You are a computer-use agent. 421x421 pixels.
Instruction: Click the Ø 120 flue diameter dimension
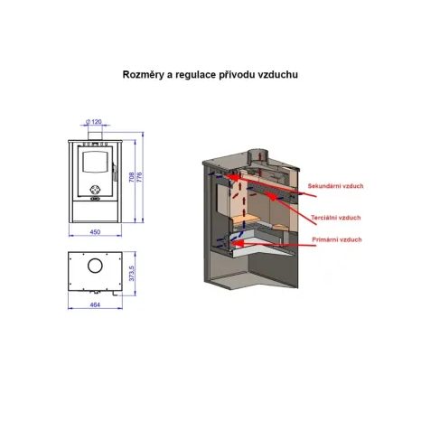click(94, 122)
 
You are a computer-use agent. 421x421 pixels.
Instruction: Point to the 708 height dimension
click(131, 177)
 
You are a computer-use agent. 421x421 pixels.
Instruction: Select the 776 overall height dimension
click(139, 177)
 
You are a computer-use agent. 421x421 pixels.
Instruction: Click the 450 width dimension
click(95, 232)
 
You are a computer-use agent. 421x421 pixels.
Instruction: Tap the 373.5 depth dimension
click(131, 274)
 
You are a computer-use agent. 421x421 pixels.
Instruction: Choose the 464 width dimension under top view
click(95, 304)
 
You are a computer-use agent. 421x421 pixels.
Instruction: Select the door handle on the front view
click(114, 172)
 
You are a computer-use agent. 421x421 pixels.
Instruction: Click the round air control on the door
click(95, 190)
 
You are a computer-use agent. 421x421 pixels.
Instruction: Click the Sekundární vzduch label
click(335, 186)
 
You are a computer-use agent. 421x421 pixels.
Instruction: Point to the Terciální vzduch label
click(336, 218)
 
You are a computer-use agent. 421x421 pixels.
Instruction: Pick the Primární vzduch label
click(337, 239)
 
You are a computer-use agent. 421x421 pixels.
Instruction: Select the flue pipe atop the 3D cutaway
click(257, 157)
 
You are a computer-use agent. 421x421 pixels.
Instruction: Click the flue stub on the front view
click(95, 136)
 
